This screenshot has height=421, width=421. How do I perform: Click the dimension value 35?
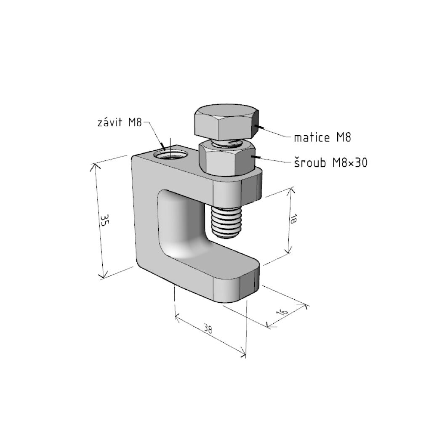pyautogui.click(x=105, y=220)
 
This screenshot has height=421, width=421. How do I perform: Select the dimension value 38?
pyautogui.click(x=208, y=329)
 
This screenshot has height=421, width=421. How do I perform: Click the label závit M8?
pyautogui.click(x=119, y=123)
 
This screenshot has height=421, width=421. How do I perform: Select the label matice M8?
pyautogui.click(x=322, y=138)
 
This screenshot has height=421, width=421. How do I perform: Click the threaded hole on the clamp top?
pyautogui.click(x=170, y=155)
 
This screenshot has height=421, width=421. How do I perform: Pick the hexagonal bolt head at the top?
pyautogui.click(x=227, y=122)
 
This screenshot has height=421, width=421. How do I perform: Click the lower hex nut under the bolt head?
pyautogui.click(x=226, y=159)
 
